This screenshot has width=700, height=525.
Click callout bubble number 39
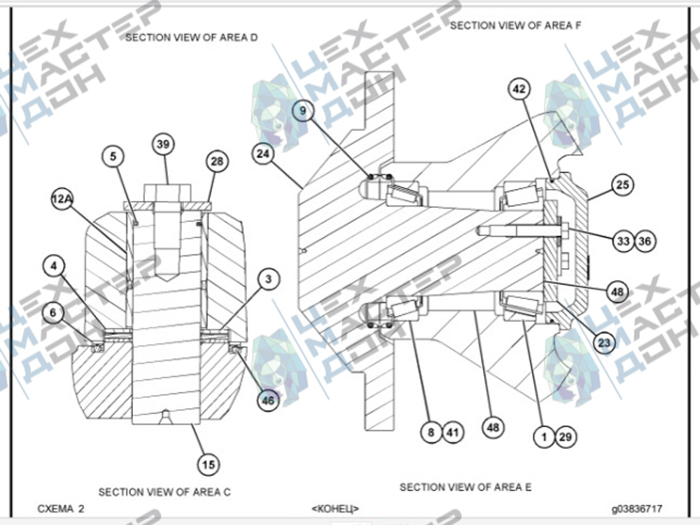click(163, 144)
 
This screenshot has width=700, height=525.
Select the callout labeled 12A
click(62, 199)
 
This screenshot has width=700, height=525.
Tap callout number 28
click(217, 161)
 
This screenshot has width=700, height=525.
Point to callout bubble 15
click(209, 465)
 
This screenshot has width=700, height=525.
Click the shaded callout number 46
click(268, 400)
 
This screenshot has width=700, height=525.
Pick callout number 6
click(53, 312)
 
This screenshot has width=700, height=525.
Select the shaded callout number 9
click(303, 111)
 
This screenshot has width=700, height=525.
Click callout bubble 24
click(263, 153)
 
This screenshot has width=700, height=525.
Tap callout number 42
click(519, 89)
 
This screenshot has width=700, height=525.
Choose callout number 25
click(622, 184)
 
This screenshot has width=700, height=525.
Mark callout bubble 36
click(645, 241)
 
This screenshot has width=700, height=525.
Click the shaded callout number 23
click(604, 343)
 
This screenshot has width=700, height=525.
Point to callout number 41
click(453, 432)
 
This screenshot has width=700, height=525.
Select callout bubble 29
click(565, 437)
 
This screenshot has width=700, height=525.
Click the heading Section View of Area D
click(192, 38)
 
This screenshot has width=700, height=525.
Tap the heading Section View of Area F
click(516, 25)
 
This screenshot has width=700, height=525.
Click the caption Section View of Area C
click(164, 492)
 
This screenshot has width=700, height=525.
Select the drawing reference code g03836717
click(637, 508)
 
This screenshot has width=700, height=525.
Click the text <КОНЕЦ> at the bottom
click(335, 508)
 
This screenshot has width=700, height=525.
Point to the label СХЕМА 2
click(61, 508)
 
